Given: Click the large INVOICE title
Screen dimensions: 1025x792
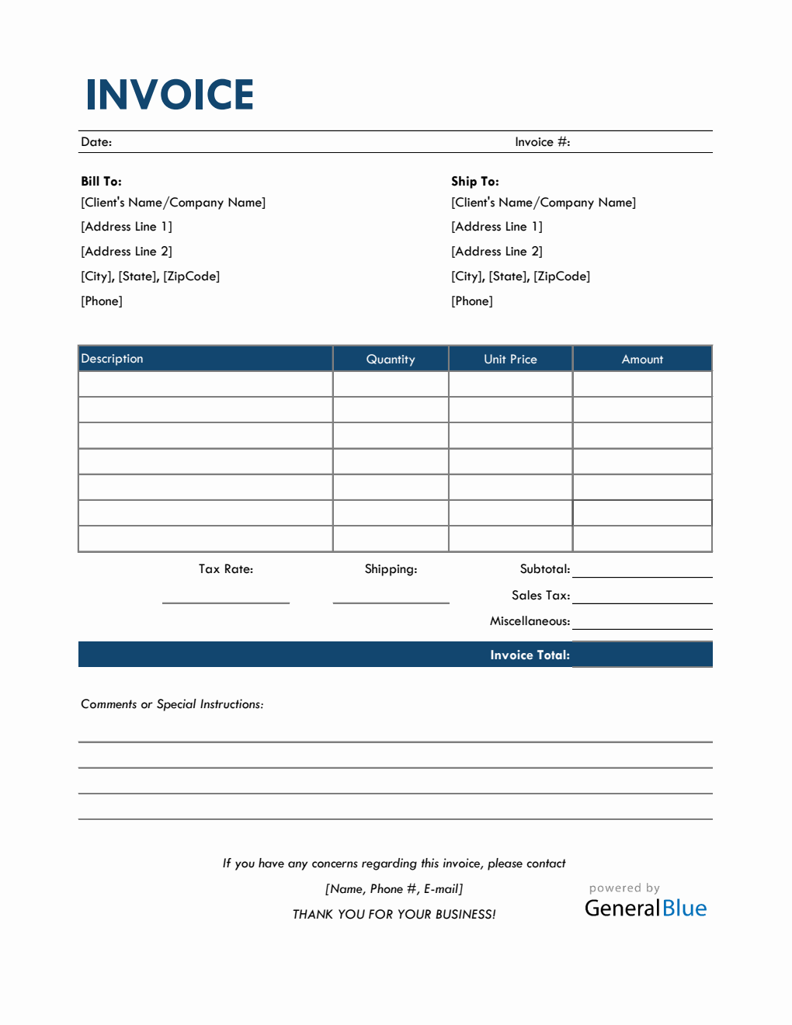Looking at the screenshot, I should click(x=169, y=95).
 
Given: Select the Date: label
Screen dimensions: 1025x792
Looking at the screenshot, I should click(x=96, y=142).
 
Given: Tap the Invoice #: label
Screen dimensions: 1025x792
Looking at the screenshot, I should click(x=542, y=142).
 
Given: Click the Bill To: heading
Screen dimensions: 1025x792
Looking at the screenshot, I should click(x=101, y=181).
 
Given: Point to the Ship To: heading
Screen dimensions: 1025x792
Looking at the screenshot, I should click(x=474, y=181).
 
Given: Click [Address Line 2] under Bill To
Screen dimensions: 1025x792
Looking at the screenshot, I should click(x=127, y=252).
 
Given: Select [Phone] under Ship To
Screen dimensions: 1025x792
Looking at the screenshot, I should click(x=471, y=301).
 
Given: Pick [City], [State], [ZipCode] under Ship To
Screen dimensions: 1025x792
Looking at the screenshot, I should click(x=520, y=276).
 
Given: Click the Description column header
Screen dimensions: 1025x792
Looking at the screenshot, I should click(x=113, y=359).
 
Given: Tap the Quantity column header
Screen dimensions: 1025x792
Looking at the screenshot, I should click(x=391, y=360).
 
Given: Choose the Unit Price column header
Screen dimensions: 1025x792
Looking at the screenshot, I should click(x=510, y=360).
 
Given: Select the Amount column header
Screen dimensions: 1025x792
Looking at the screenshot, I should click(x=642, y=360).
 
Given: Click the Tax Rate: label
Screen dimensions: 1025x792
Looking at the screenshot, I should click(x=225, y=569).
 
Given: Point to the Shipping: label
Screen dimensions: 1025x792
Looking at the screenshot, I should click(x=391, y=569).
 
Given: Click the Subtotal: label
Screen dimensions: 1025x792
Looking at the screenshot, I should click(x=544, y=569).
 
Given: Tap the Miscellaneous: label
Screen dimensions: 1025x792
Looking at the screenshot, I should click(x=530, y=621).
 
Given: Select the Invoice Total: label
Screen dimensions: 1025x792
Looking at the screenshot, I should click(x=530, y=655).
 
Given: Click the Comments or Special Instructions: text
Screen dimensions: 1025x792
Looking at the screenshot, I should click(x=172, y=704).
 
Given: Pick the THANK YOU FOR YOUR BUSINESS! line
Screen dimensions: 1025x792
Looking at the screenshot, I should click(x=394, y=915).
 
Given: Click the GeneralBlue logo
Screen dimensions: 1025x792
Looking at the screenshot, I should click(x=645, y=908).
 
